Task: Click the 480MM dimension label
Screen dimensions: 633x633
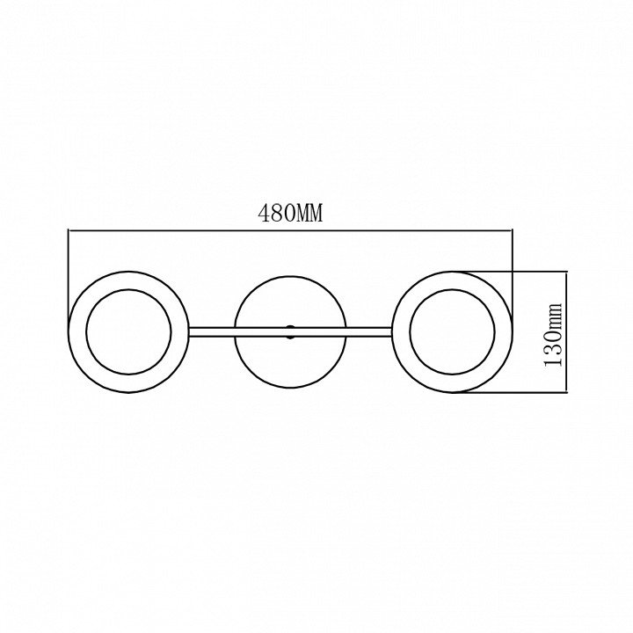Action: point(290,213)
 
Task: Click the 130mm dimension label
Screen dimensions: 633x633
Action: point(553,334)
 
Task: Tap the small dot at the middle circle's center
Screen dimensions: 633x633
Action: point(290,331)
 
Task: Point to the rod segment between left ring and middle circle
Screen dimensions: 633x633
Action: point(211,331)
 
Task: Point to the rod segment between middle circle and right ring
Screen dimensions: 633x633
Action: point(369,331)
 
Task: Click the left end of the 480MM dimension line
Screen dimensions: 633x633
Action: point(69,230)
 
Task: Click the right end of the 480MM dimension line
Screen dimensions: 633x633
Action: point(512,230)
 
